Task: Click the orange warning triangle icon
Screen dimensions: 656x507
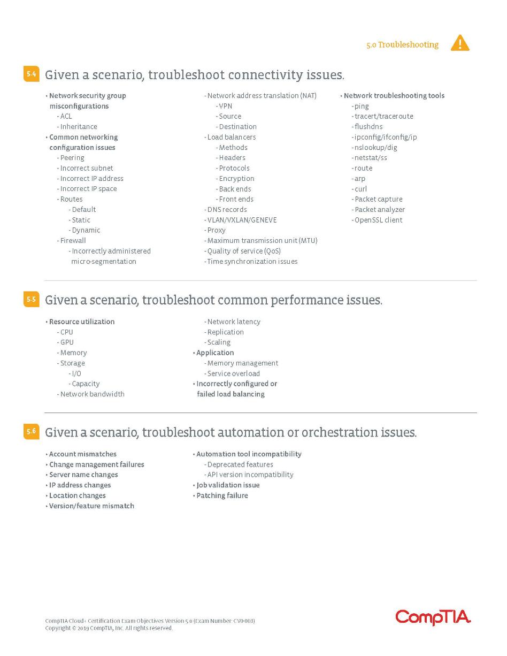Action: (460, 43)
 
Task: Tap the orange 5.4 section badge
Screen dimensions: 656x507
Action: (31, 74)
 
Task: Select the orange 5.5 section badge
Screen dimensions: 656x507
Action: (31, 299)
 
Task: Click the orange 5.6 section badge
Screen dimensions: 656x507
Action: (31, 431)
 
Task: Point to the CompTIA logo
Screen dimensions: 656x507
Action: (433, 617)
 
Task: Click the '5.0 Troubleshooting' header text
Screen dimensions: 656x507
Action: (402, 45)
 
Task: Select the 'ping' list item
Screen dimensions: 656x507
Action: (362, 106)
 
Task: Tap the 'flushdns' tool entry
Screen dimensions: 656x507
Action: (368, 127)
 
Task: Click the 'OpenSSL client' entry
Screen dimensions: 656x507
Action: (378, 220)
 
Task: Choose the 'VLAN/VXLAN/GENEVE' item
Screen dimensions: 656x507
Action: (242, 220)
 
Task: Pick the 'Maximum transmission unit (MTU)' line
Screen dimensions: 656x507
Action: (262, 241)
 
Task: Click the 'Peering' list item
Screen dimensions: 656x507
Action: (72, 158)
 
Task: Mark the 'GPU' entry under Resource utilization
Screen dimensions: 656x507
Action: (67, 342)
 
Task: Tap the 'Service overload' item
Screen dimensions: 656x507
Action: (233, 373)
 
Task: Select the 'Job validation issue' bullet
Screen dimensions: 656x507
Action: (228, 485)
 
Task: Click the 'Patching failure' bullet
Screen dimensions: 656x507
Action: (222, 495)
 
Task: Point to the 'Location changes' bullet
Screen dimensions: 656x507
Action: (77, 495)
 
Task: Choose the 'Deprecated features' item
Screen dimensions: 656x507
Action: (240, 464)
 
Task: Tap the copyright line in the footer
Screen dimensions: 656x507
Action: (109, 628)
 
